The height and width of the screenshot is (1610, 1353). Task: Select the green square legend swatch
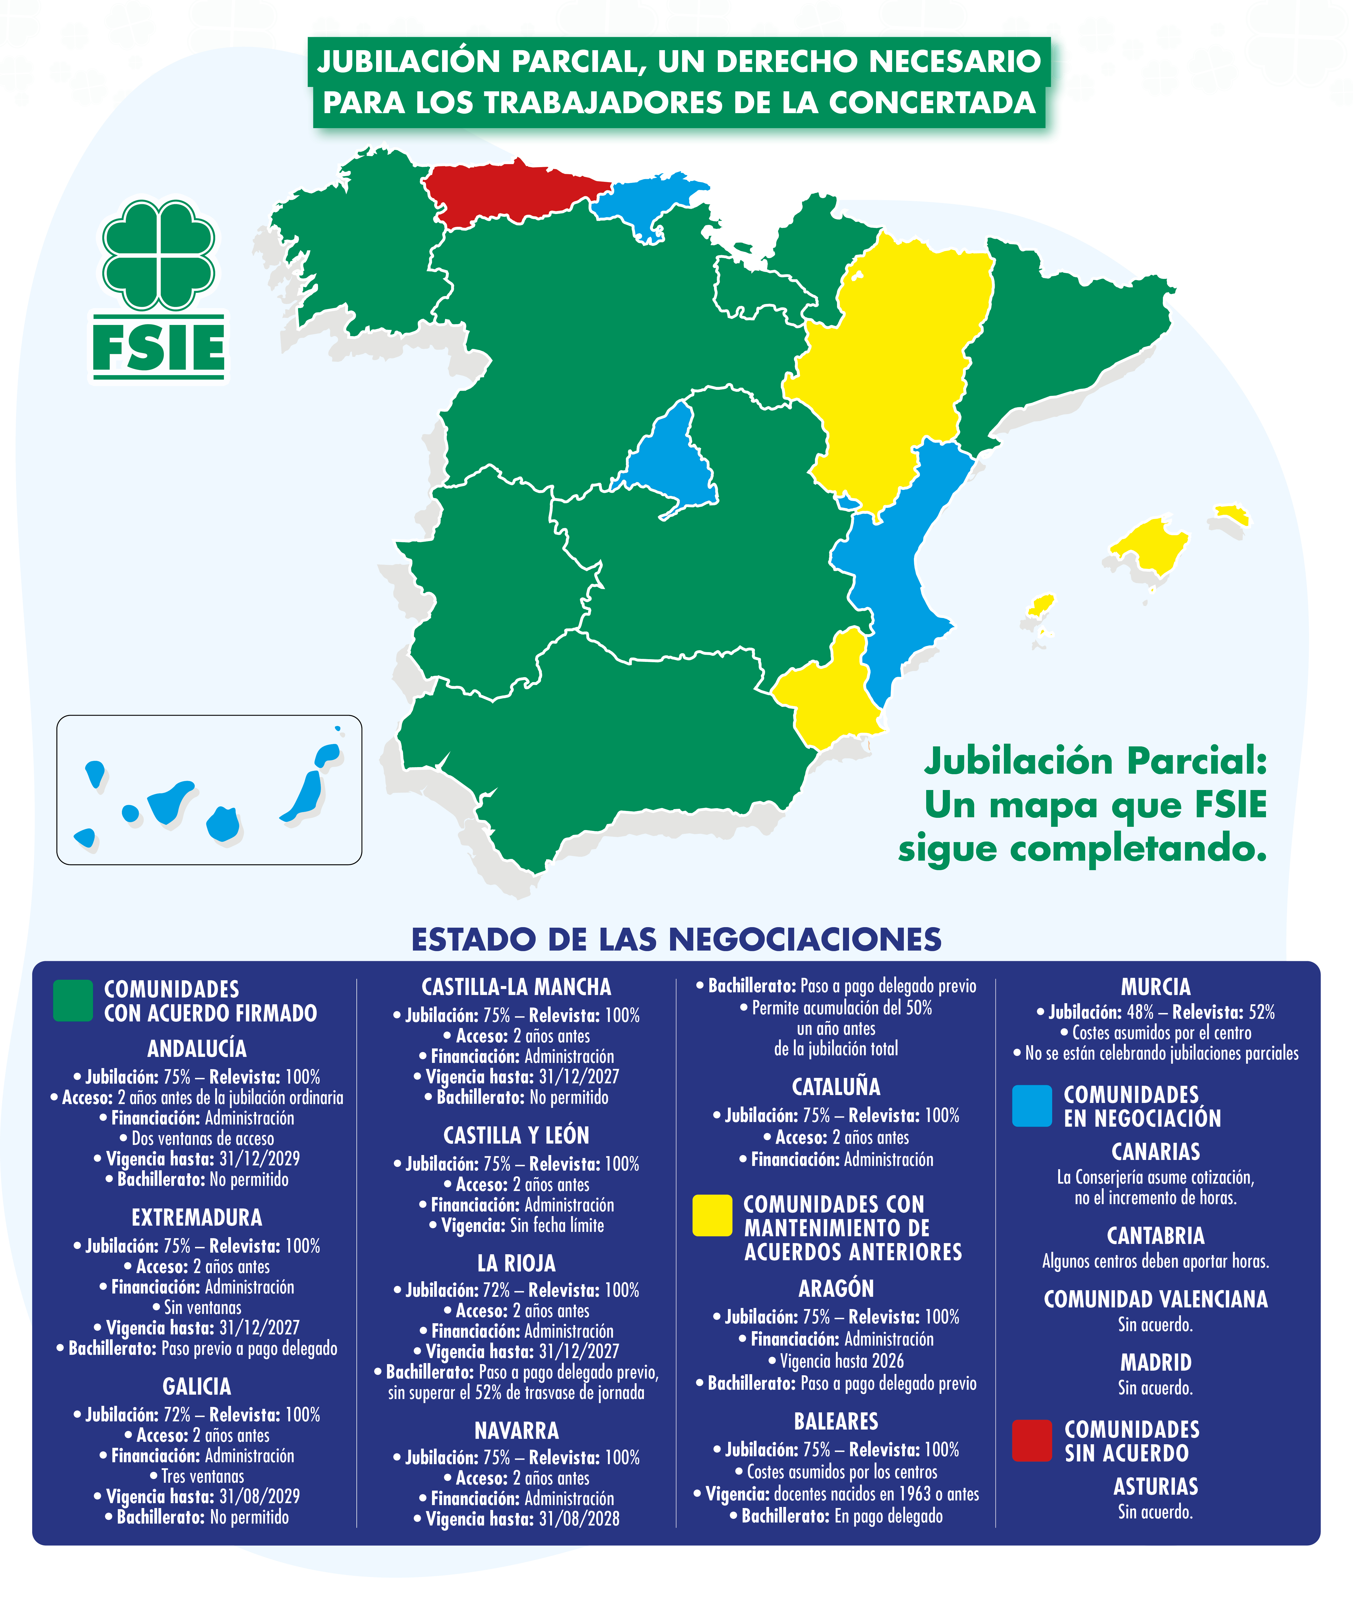click(73, 1000)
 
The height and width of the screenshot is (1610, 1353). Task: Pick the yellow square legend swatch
click(712, 1215)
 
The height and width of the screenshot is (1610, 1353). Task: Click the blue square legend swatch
click(1032, 1105)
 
